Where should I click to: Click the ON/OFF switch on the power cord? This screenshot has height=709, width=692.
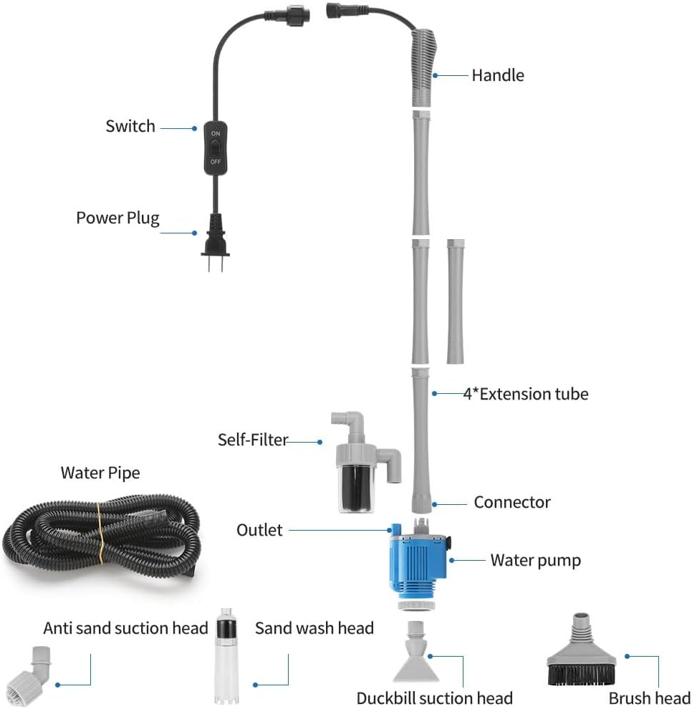(216, 148)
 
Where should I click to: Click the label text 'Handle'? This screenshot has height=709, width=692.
(497, 75)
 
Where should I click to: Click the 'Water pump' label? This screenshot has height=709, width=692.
(535, 560)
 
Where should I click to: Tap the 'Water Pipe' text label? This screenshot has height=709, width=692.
(100, 473)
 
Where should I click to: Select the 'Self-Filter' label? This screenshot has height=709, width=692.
(253, 439)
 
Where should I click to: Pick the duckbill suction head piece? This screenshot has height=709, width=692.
(416, 655)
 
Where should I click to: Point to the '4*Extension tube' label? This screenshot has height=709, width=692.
(525, 394)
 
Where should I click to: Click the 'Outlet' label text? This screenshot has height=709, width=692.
(259, 530)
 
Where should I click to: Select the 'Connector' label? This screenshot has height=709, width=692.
(511, 503)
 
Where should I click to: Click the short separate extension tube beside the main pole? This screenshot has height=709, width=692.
(455, 301)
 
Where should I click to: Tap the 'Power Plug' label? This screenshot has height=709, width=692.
(117, 218)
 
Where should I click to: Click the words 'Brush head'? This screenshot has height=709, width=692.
(649, 698)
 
